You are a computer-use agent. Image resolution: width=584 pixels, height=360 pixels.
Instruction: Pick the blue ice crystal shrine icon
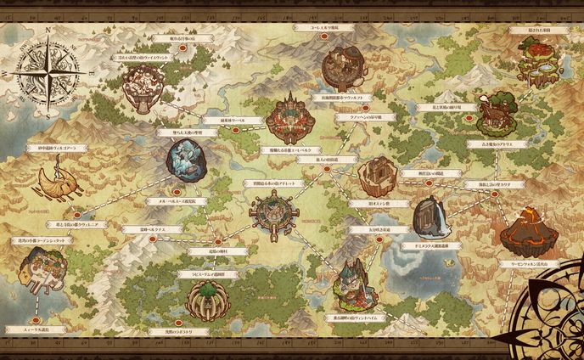[x=185, y=159]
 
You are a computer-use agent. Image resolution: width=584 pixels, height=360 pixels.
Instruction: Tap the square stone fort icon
[x=373, y=176]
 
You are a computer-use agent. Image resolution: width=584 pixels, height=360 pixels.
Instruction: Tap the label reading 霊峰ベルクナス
[x=149, y=228]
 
